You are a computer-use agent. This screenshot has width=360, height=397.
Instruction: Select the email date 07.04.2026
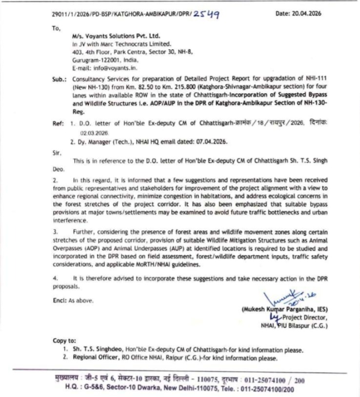(x=210, y=141)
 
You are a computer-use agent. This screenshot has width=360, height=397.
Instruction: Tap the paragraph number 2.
(x=55, y=180)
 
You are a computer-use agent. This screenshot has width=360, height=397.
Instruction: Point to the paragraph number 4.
(x=55, y=278)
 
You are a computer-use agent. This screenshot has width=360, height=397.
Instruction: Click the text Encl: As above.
(x=73, y=300)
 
